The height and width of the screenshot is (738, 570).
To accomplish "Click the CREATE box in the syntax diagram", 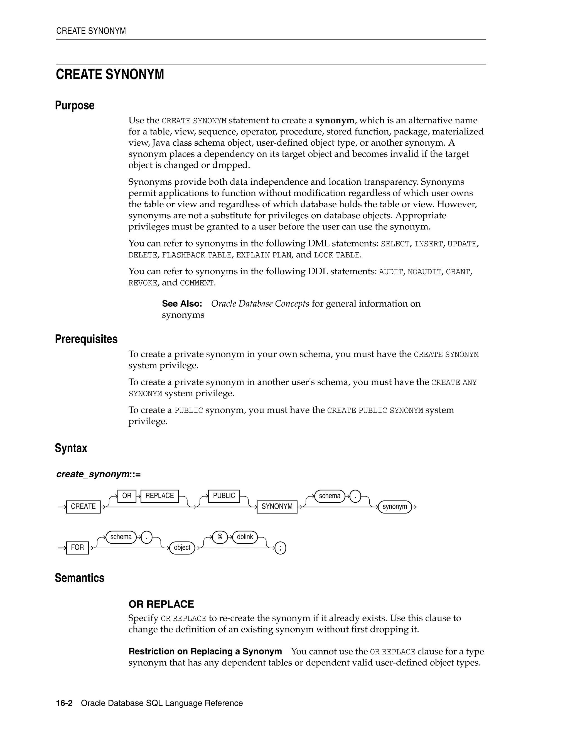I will coord(83,507).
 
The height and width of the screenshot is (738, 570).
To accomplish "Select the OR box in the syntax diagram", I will coord(127,496).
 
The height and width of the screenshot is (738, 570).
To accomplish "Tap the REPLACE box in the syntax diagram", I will coord(159,496).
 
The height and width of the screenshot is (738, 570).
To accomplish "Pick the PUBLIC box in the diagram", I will coord(224,496).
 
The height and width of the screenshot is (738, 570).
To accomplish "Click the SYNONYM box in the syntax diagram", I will coord(277,507).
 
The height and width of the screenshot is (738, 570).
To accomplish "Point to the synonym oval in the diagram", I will coord(394,507).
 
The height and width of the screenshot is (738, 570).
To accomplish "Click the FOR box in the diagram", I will coord(77,548).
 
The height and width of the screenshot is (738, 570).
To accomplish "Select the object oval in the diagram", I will coord(182,548).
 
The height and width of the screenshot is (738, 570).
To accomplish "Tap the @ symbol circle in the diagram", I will coord(220,537).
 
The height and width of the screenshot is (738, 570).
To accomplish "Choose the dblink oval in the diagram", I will coord(245,537).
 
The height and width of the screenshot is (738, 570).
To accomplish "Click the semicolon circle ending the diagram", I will coord(280,548).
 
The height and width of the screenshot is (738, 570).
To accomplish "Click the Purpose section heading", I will coord(75,106).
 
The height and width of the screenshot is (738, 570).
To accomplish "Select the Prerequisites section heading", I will coord(86,339).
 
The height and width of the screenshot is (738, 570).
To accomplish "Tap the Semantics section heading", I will coord(79,578).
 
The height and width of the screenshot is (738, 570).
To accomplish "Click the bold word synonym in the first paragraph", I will coord(335,121).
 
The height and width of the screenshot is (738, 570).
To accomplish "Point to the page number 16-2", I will coord(64,703).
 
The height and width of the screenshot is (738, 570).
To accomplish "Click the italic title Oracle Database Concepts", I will coord(260,304).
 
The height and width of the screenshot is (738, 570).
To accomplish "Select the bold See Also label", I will coord(182,304).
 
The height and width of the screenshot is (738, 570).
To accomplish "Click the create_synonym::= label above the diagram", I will coord(98,475).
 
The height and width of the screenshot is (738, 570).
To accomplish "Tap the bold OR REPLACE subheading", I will coord(161,604).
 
